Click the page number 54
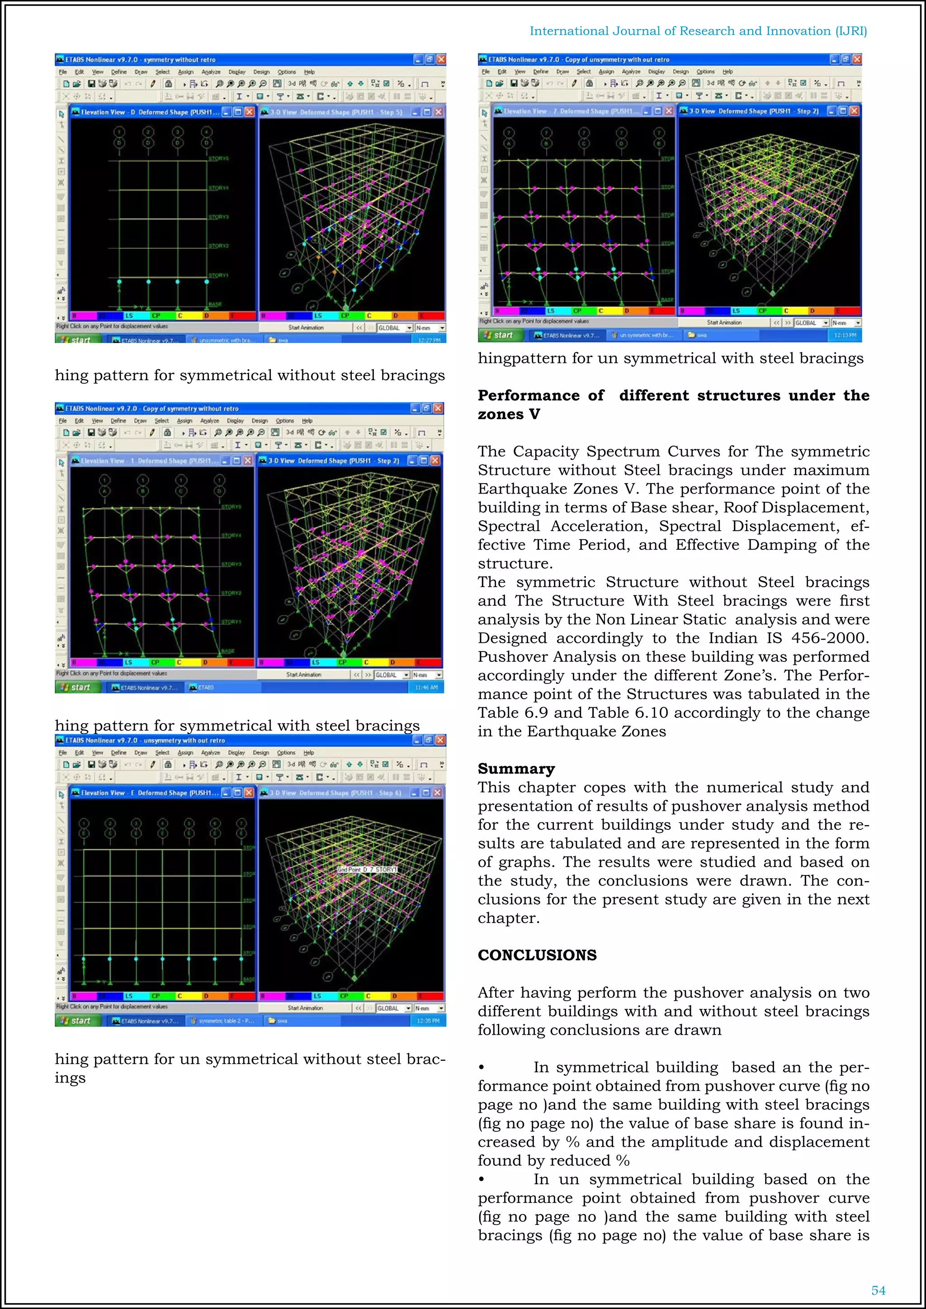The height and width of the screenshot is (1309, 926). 878,1290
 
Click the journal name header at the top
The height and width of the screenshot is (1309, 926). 698,31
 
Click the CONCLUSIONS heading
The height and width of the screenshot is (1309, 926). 537,955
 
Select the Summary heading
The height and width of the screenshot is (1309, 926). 516,768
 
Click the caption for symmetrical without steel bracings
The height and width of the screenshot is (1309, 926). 250,375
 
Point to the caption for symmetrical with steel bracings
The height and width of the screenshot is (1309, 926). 237,725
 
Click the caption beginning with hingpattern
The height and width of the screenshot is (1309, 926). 670,358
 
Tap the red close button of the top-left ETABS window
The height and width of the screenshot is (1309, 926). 441,59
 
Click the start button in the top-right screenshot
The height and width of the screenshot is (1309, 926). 498,335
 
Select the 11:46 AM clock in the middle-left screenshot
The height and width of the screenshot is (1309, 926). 426,687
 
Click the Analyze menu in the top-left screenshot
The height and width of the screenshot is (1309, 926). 210,72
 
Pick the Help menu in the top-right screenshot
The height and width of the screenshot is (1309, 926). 728,72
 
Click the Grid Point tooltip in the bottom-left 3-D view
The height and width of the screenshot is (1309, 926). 367,870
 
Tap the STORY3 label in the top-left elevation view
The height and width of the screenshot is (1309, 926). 218,217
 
